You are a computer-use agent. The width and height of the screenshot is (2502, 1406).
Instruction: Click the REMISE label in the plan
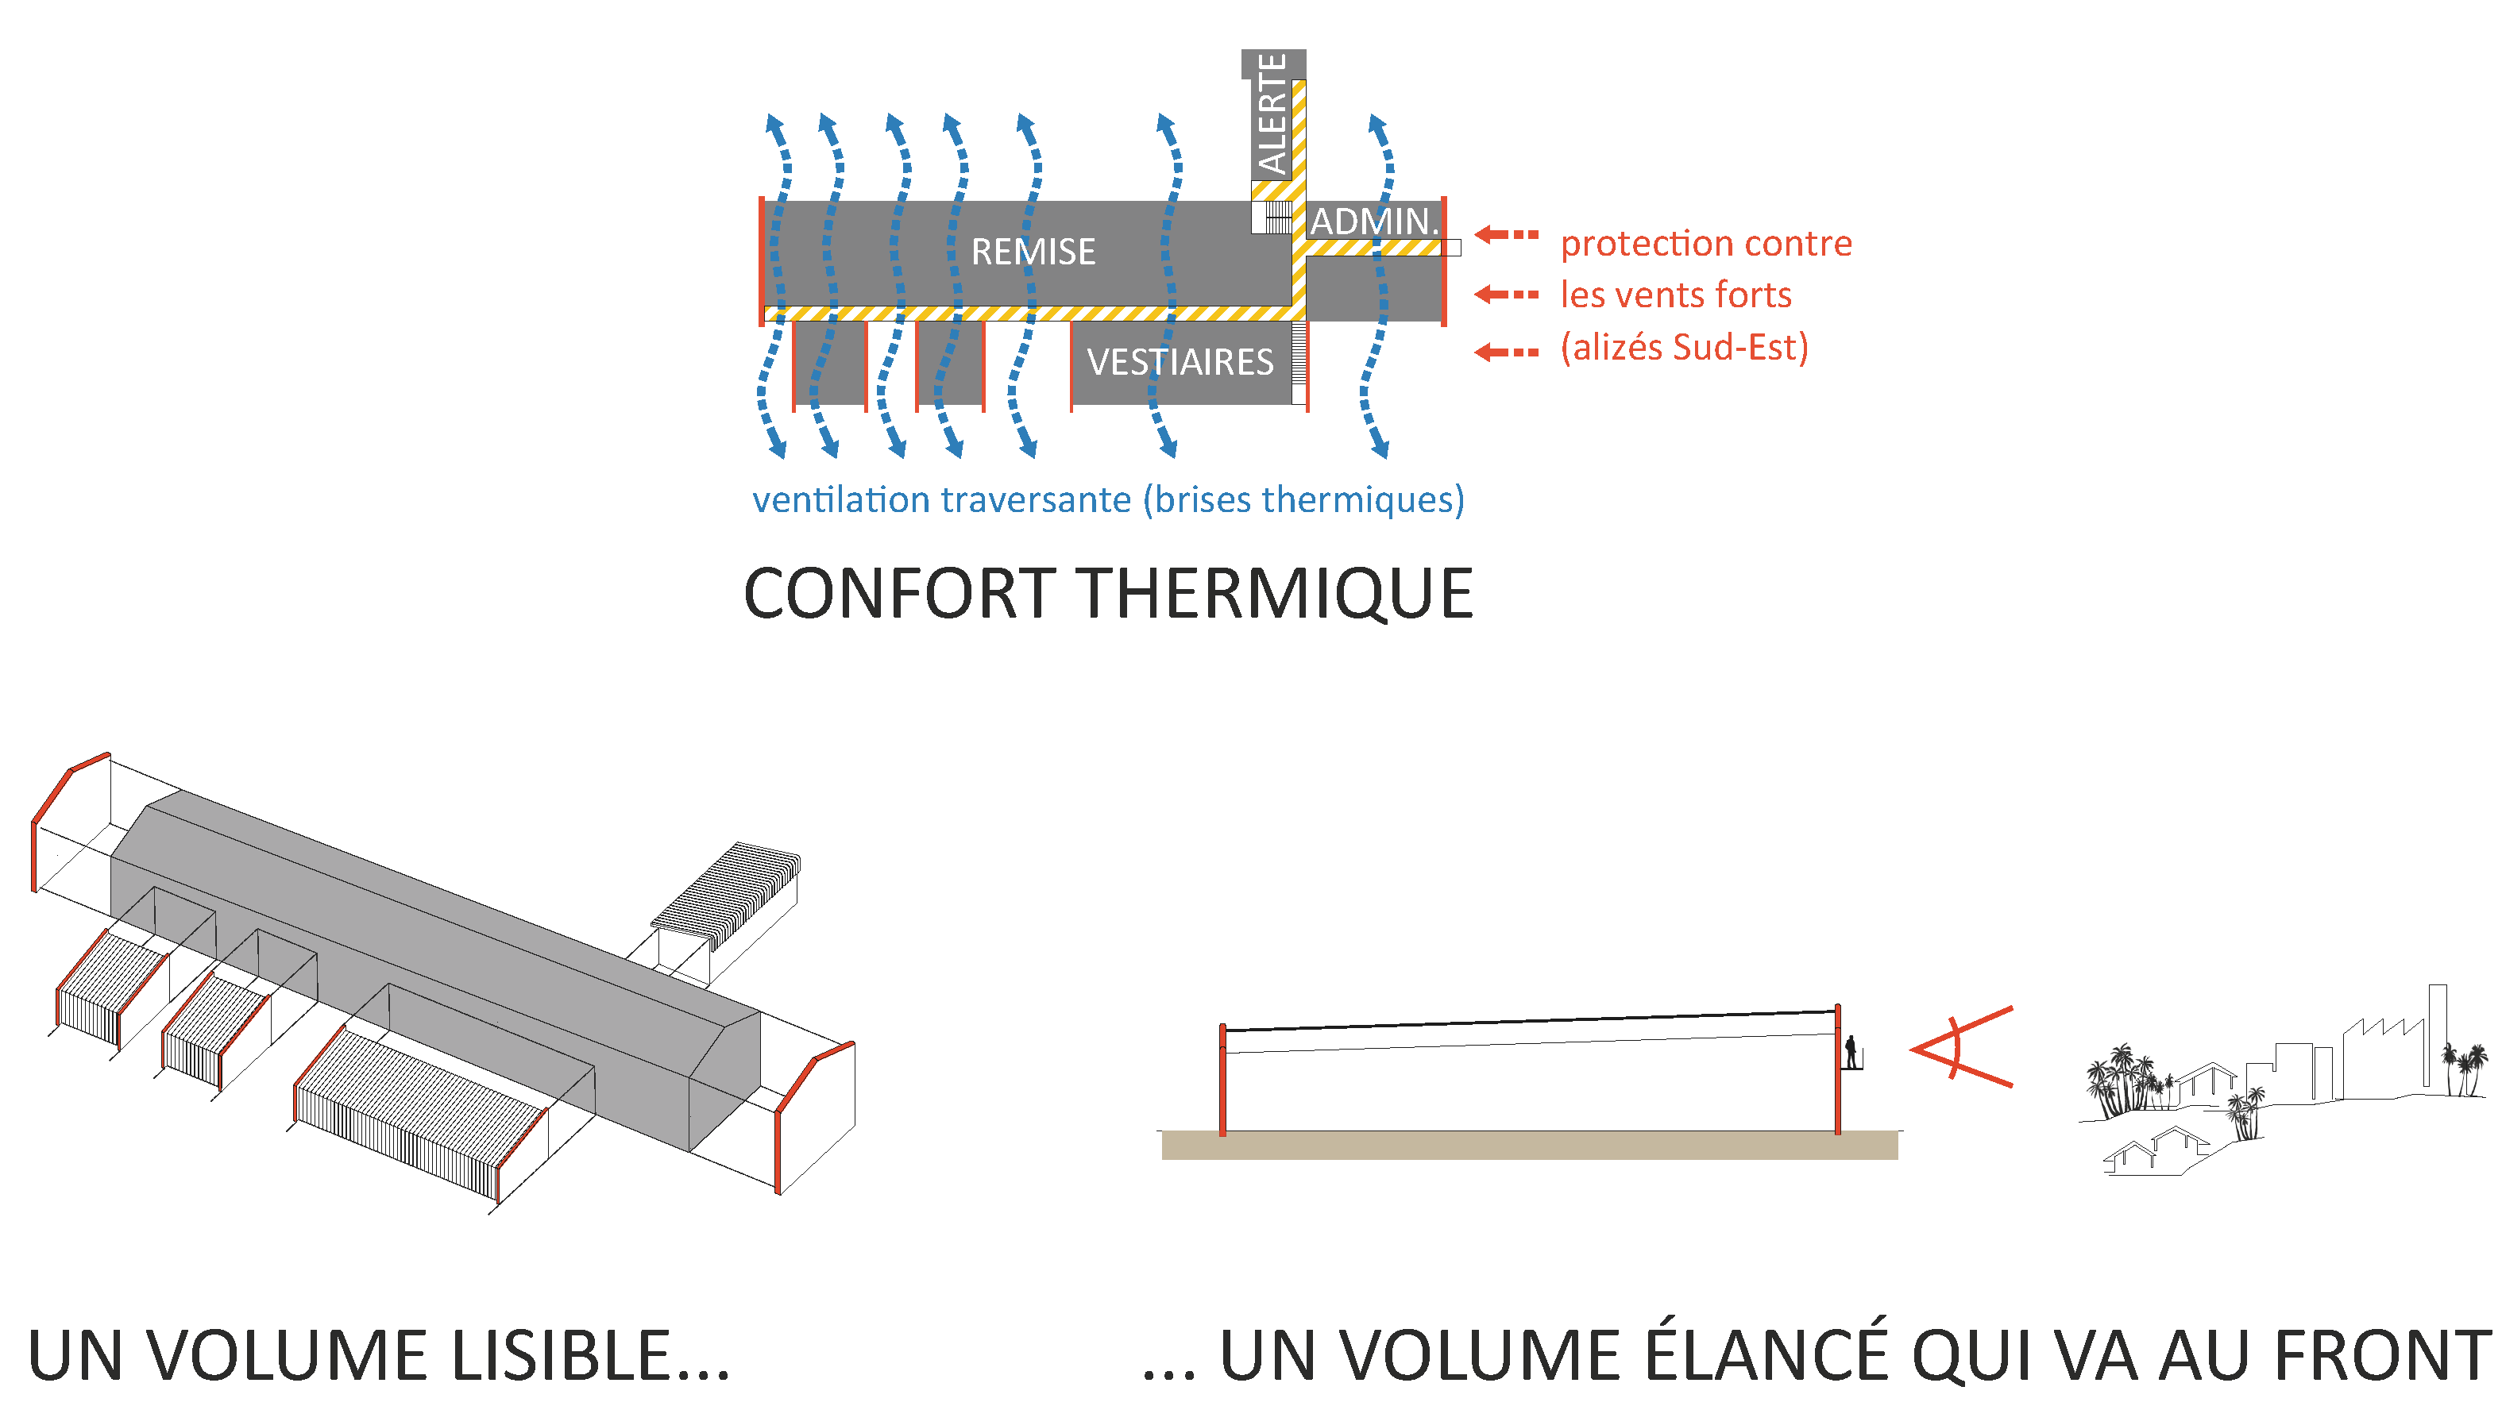(x=1033, y=252)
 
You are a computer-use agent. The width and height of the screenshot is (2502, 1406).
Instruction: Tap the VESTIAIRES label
(x=1180, y=362)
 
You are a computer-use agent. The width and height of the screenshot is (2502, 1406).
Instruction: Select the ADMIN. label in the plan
(x=1372, y=221)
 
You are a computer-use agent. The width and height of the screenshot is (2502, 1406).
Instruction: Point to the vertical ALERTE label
(x=1272, y=114)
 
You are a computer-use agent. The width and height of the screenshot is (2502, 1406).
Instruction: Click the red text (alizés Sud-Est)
(x=1684, y=348)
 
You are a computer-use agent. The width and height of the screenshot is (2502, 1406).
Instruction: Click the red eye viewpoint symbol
(x=1957, y=1048)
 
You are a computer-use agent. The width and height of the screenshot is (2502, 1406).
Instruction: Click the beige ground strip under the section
(x=1529, y=1146)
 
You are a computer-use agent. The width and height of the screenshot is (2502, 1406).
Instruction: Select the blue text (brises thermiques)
(x=1303, y=500)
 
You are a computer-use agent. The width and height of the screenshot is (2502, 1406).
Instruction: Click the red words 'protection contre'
(x=1705, y=244)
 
